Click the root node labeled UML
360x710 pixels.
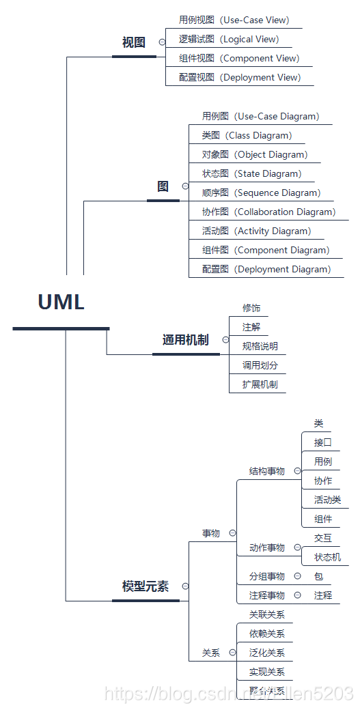coord(61,302)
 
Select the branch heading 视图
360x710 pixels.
coord(134,42)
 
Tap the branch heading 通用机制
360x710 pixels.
coord(185,340)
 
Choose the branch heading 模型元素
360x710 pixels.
coord(145,586)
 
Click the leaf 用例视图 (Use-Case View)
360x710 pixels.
coord(234,20)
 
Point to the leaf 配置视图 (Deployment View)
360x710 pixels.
coord(239,77)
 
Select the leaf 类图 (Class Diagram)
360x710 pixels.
coord(247,135)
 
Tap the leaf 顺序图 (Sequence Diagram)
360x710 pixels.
coord(261,193)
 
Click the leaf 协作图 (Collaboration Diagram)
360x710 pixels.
coord(268,212)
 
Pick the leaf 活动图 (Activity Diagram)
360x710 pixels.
coord(256,231)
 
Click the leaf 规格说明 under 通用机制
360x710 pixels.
coord(260,346)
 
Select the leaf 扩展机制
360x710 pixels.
coord(260,384)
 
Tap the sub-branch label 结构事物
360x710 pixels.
coord(266,471)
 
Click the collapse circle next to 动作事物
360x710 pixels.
coord(297,548)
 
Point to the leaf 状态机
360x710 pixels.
coord(327,557)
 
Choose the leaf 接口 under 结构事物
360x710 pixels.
coord(322,442)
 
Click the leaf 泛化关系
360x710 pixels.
coord(266,653)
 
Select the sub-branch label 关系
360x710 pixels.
coord(210,653)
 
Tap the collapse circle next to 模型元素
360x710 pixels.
coord(185,586)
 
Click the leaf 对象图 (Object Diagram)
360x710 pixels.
coord(254,154)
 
